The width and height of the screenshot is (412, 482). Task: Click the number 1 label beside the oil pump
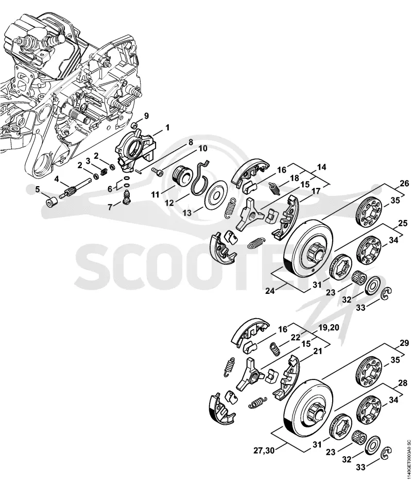pyautogui.click(x=167, y=127)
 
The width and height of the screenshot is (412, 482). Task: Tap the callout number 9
pyautogui.click(x=146, y=116)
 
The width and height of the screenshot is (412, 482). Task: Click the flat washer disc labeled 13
pyautogui.click(x=216, y=195)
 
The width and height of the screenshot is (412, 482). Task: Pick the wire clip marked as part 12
pyautogui.click(x=199, y=178)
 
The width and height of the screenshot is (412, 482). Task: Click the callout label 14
pyautogui.click(x=321, y=168)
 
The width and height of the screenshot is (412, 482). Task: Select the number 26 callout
pyautogui.click(x=404, y=183)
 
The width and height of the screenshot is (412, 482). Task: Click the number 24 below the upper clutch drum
pyautogui.click(x=270, y=290)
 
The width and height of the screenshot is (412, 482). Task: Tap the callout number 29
pyautogui.click(x=405, y=343)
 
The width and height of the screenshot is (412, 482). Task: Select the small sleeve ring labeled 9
pyautogui.click(x=134, y=125)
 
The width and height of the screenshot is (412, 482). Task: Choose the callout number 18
pyautogui.click(x=294, y=178)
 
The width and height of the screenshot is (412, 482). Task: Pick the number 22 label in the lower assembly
pyautogui.click(x=295, y=337)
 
